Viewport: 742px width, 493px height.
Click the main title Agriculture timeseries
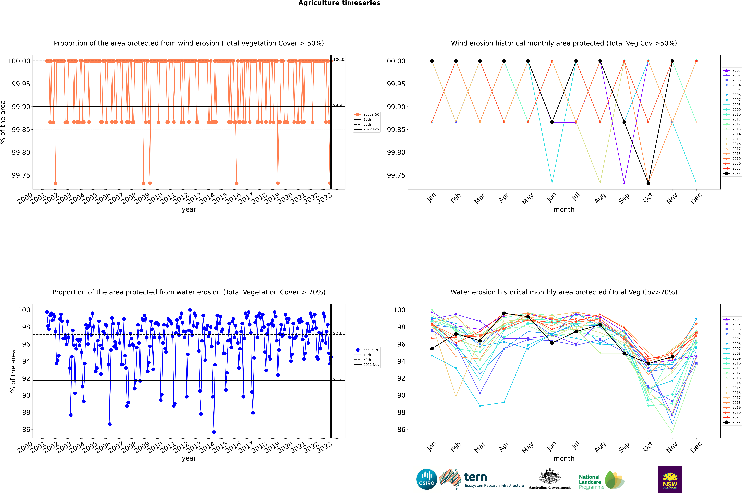tap(339, 3)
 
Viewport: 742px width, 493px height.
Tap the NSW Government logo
tap(670, 479)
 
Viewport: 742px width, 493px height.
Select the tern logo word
tap(476, 477)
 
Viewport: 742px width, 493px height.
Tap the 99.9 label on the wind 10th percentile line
tap(338, 105)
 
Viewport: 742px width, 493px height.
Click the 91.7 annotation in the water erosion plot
tap(338, 379)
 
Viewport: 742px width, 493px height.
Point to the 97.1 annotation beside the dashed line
tap(338, 333)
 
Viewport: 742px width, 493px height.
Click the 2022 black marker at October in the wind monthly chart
tap(648, 183)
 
